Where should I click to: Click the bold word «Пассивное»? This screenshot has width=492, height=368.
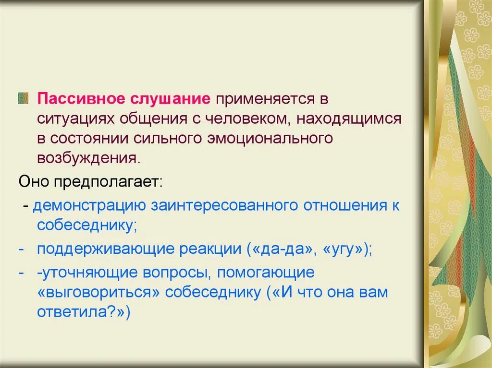tap(82, 99)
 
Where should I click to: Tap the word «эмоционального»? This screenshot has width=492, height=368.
tap(268, 138)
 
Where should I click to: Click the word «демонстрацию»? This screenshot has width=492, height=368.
tap(89, 206)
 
